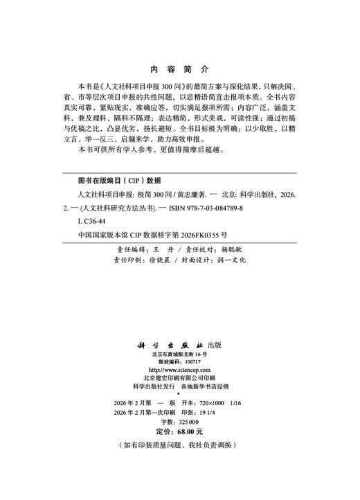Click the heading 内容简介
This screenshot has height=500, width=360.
(x=179, y=70)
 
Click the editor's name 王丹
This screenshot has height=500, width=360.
(x=159, y=249)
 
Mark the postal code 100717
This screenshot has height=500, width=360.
(x=192, y=362)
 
